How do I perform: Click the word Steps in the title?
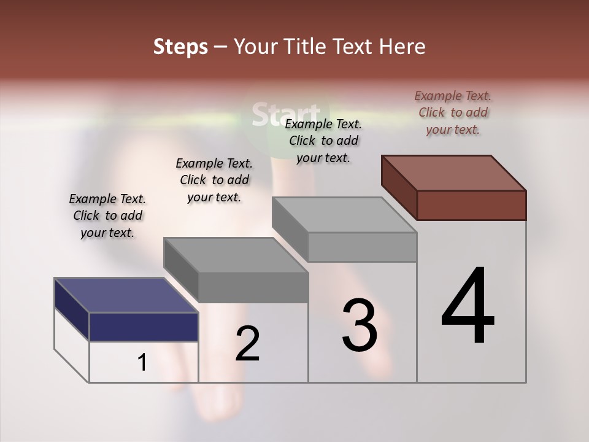point(180,47)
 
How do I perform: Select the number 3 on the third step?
point(360,325)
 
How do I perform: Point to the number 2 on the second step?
point(248,344)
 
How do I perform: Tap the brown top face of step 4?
point(454,173)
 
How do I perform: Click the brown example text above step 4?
point(453,112)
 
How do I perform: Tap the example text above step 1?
point(107,215)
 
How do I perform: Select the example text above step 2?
point(214,180)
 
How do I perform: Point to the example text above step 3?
point(323,141)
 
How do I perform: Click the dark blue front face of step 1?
point(144,327)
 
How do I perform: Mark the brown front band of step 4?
point(471,205)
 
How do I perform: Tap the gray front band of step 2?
point(253,287)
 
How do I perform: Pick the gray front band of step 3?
point(362,247)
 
